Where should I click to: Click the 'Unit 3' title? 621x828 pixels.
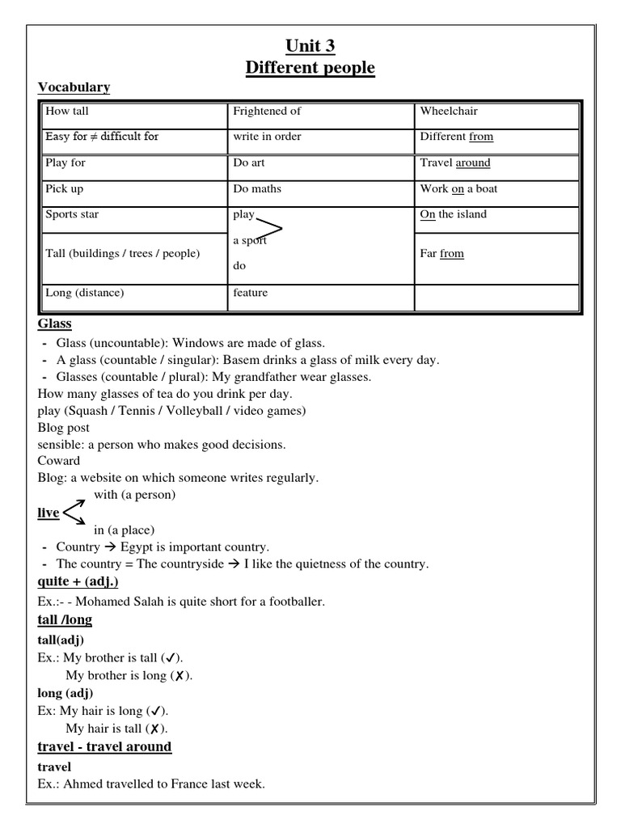[x=310, y=46]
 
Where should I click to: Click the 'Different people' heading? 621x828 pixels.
[x=310, y=67]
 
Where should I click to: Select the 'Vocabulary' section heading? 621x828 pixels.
[x=74, y=87]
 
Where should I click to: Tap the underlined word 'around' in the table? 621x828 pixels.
[x=473, y=163]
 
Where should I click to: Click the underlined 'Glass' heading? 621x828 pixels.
[x=55, y=324]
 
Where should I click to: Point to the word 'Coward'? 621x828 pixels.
[x=59, y=461]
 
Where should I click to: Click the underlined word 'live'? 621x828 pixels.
[x=49, y=513]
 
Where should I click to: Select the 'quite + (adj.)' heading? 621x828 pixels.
[x=78, y=581]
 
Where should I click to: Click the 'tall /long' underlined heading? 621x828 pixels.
[x=65, y=620]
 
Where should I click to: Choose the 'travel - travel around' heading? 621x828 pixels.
[x=104, y=746]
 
